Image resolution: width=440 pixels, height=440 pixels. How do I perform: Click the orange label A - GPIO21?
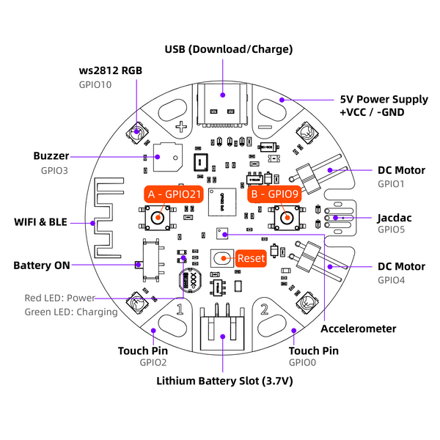point(173,195)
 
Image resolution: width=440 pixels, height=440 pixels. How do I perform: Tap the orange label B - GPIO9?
point(273,195)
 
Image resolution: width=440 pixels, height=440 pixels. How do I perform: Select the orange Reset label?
point(250,258)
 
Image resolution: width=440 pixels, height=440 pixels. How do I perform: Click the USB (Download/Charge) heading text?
point(228,49)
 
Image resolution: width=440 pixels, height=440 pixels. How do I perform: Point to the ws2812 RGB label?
point(110,70)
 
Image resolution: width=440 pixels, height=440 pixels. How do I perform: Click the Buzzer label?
point(51,156)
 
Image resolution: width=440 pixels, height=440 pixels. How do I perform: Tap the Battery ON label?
point(42,265)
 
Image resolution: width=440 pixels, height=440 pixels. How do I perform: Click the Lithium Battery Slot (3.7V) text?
point(224,381)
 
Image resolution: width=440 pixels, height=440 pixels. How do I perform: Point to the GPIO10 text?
point(95,84)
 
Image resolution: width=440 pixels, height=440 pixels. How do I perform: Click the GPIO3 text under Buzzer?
point(54,170)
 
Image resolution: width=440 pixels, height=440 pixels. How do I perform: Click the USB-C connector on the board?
point(223,102)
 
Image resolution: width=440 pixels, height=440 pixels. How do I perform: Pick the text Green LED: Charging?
point(71,312)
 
